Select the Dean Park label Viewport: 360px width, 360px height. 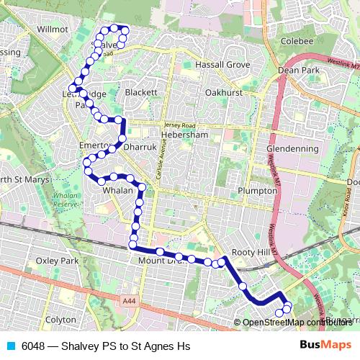298,71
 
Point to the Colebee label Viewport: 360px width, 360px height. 297,41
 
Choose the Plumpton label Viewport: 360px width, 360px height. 257,191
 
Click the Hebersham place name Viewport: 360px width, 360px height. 186,135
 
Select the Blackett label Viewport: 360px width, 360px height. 141,93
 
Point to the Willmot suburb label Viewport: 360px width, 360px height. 52,30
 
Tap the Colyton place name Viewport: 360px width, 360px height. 60,319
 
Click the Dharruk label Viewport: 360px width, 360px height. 140,147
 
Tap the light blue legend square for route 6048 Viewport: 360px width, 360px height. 10,346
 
